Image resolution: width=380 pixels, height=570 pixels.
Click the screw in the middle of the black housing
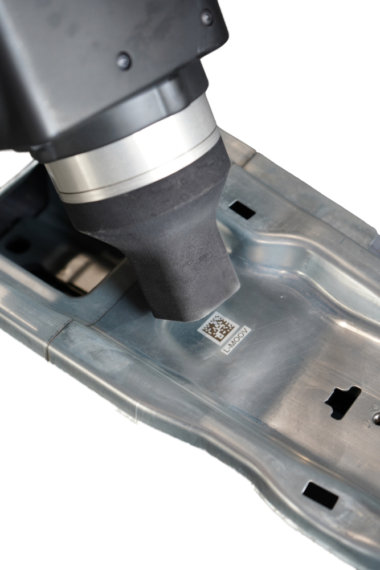124,60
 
